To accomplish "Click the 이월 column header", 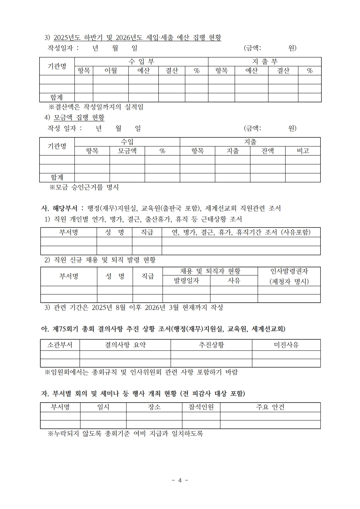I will click(110, 71).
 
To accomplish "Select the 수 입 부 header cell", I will click(141, 62).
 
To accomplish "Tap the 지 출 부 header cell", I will click(264, 62).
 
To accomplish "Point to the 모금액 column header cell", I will click(127, 151).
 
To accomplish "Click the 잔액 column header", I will click(267, 151).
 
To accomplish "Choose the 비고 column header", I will click(303, 151).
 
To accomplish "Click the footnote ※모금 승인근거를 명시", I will click(84, 187).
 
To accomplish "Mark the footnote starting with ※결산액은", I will click(96, 107).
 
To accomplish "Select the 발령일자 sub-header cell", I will click(186, 280).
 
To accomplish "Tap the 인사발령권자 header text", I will click(289, 271).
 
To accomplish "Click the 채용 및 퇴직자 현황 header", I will click(210, 271).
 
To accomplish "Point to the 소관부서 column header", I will click(60, 345).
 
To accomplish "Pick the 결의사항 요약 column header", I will click(125, 345).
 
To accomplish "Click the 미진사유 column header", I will click(286, 345).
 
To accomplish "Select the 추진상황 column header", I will click(211, 345).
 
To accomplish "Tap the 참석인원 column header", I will click(201, 407).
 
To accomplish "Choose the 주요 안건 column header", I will click(270, 407).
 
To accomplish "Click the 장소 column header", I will click(154, 407).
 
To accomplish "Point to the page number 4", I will click(180, 480).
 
